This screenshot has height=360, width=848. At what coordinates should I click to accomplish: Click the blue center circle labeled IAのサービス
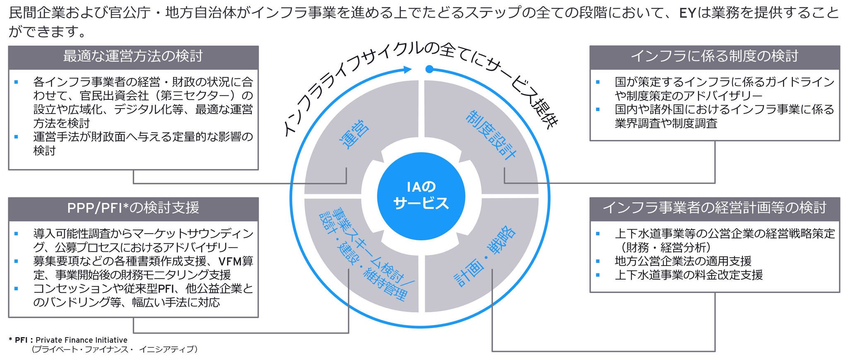pyautogui.click(x=421, y=196)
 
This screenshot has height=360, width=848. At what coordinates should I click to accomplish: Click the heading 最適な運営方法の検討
pyautogui.click(x=133, y=56)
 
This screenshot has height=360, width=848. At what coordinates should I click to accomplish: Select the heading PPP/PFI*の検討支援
pyautogui.click(x=133, y=208)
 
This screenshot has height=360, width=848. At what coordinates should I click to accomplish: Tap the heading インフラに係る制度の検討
pyautogui.click(x=714, y=56)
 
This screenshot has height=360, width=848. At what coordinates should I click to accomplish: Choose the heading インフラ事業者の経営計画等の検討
pyautogui.click(x=714, y=208)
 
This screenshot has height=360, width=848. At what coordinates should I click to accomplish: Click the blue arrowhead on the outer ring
pyautogui.click(x=407, y=69)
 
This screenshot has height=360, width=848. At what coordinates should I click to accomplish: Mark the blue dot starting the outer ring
pyautogui.click(x=429, y=69)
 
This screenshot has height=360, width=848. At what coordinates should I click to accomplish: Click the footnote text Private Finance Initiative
pyautogui.click(x=82, y=340)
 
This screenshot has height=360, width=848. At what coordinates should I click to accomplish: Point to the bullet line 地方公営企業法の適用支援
pyautogui.click(x=683, y=261)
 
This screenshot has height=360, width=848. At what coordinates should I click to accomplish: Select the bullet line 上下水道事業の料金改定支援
pyautogui.click(x=689, y=275)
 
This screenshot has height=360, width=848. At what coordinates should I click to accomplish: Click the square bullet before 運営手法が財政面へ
pyautogui.click(x=16, y=136)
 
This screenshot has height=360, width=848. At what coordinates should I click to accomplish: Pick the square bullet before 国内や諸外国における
pyautogui.click(x=597, y=109)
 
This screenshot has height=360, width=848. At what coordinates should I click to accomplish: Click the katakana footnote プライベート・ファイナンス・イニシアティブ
pyautogui.click(x=114, y=350)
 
